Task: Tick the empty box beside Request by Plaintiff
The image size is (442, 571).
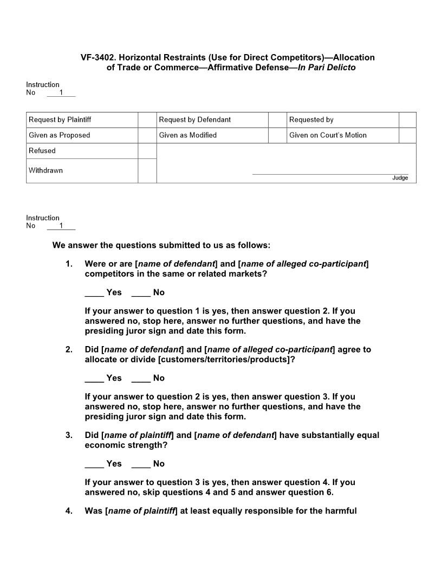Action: point(147,119)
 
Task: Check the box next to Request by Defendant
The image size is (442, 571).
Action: point(277,119)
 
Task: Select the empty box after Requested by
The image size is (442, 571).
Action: point(407,119)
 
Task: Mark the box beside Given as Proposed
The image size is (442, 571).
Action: point(147,135)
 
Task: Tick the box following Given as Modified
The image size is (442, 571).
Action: point(277,135)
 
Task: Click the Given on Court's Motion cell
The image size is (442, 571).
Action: point(328,135)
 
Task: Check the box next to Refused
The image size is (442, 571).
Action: point(147,151)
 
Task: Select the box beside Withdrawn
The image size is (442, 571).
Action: point(147,170)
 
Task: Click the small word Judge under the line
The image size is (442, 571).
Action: point(400,178)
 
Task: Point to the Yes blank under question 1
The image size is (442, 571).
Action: point(94,293)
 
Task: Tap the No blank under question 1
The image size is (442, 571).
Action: point(141,293)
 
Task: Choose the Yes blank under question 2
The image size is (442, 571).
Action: point(94,378)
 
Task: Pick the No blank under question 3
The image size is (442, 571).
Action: point(141,463)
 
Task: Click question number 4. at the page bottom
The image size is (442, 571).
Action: point(69,510)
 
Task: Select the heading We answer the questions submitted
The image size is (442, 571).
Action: point(161,245)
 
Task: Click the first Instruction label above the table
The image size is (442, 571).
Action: point(43,84)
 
